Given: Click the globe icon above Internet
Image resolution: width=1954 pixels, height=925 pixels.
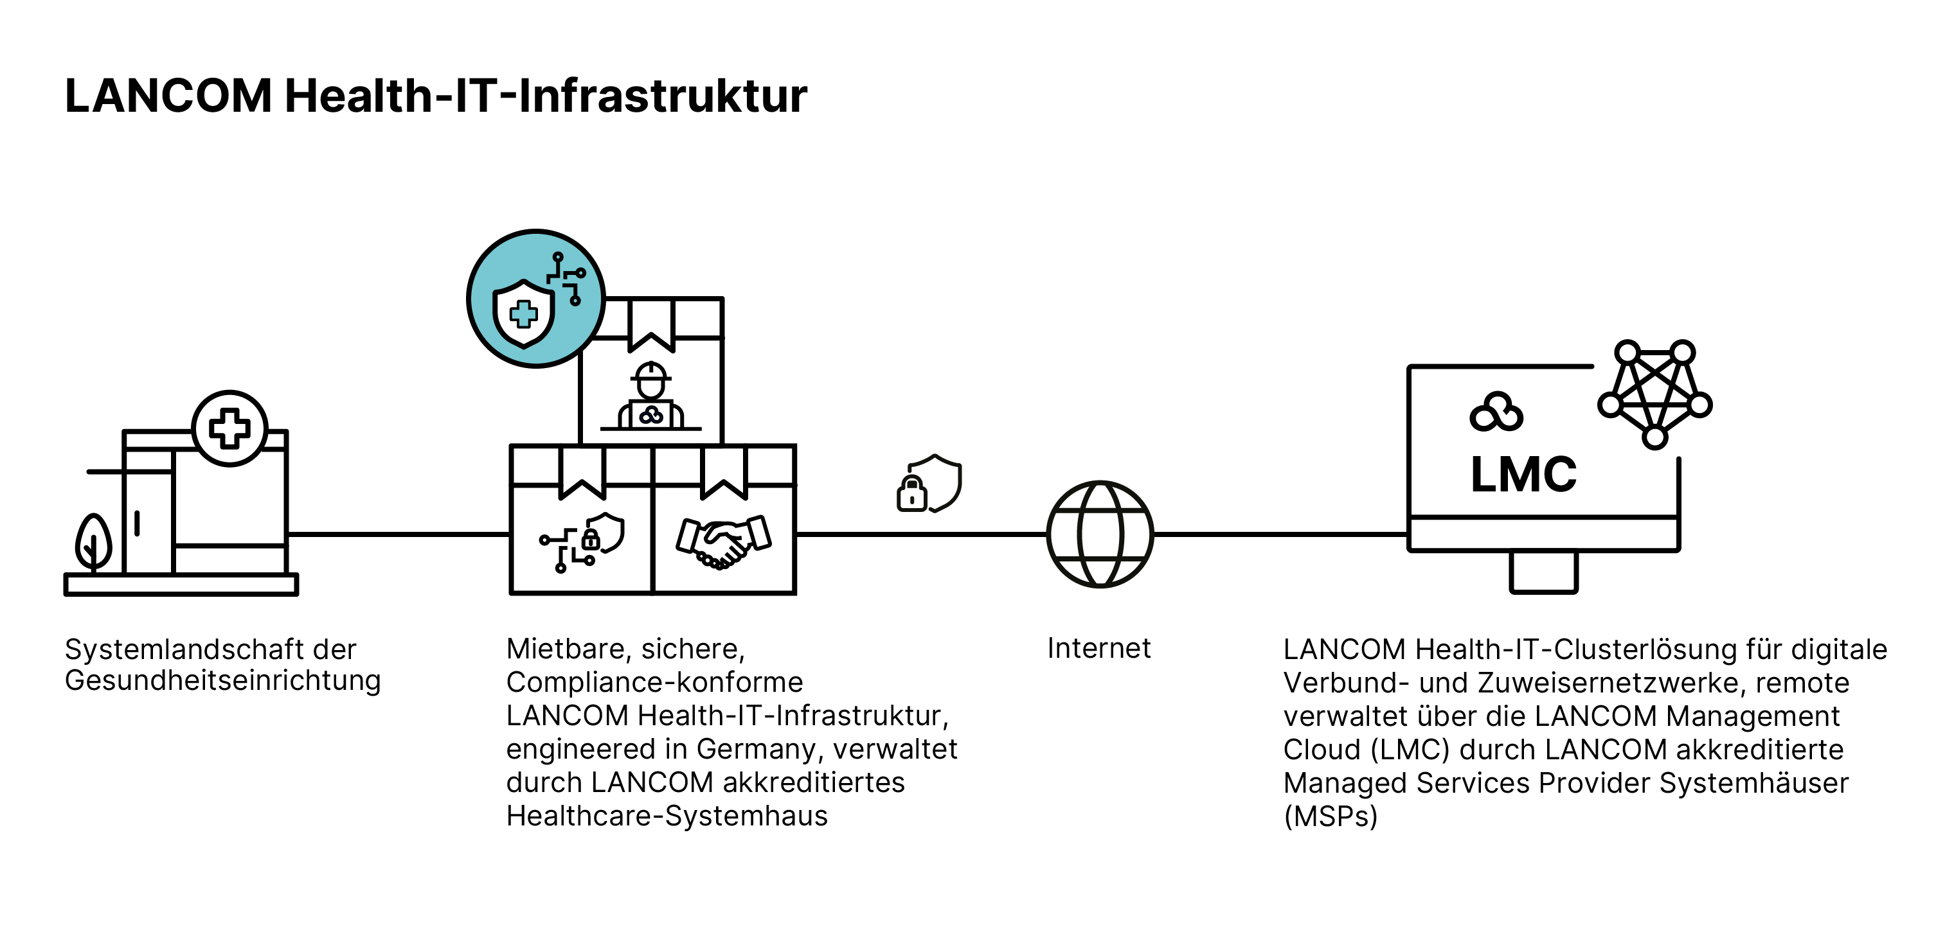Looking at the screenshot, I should click(x=1099, y=534).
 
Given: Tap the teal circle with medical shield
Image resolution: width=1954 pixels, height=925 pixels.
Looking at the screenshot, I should click(x=535, y=299).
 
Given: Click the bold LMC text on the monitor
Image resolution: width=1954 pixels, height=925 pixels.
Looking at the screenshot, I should click(x=1523, y=475).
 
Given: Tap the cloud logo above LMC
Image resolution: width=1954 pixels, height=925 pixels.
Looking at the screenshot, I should click(x=1496, y=413).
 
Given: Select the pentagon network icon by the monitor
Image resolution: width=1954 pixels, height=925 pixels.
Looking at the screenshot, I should click(x=1654, y=394).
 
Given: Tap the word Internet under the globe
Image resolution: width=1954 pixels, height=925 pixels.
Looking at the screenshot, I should click(x=1098, y=649).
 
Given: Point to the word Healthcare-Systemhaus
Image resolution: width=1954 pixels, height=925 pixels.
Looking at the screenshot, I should click(x=667, y=816).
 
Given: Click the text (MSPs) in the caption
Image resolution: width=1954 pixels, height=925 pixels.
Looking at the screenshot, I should click(x=1330, y=816).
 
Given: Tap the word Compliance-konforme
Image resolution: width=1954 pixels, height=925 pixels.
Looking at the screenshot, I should click(x=654, y=682).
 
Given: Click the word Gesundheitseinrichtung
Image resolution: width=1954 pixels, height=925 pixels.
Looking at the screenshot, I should click(x=222, y=681).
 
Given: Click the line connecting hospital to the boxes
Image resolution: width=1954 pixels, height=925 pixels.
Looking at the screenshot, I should click(x=399, y=534).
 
